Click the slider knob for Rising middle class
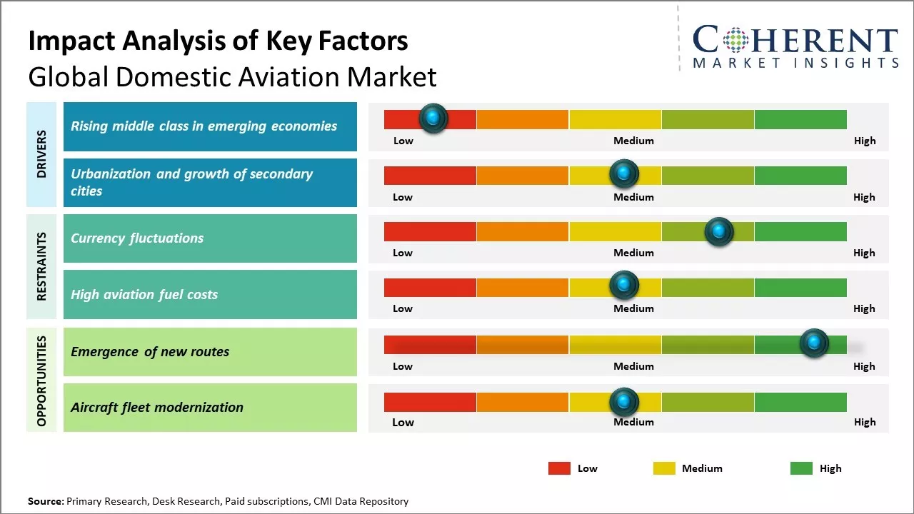tap(433, 119)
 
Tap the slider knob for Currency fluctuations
tap(718, 231)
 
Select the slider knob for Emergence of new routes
tap(813, 343)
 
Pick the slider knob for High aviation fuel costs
tap(623, 286)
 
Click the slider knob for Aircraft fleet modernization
tap(623, 403)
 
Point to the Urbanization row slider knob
tap(623, 173)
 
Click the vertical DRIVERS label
tap(41, 154)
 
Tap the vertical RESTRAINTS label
tap(41, 266)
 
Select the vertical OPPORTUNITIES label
tap(41, 381)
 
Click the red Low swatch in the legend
tap(559, 468)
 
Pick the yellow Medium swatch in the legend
tap(664, 468)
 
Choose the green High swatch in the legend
tap(801, 468)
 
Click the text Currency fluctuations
tap(137, 238)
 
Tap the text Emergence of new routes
tap(150, 351)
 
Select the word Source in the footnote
tap(45, 501)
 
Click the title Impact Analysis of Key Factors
tap(218, 41)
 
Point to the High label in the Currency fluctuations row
tap(864, 253)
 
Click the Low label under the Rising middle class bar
tap(403, 141)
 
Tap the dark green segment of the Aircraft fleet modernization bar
tap(800, 403)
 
